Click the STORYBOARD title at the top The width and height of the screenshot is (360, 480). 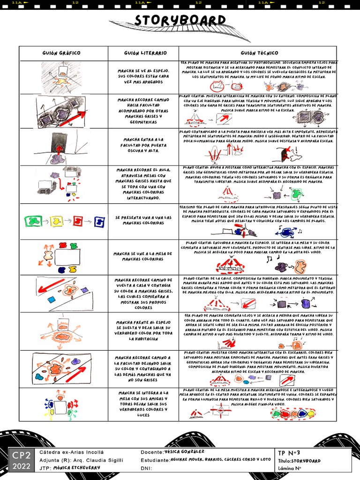[x=180, y=21]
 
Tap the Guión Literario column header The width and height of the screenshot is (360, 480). [x=143, y=53]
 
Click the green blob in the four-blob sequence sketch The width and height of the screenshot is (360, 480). [x=33, y=220]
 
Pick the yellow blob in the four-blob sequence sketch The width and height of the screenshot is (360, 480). [x=56, y=220]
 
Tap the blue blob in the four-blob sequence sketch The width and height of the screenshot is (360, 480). [x=99, y=221]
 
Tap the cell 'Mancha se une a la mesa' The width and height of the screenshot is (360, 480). [x=143, y=256]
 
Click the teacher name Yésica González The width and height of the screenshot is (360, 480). [x=185, y=451]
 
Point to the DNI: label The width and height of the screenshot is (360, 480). [x=146, y=468]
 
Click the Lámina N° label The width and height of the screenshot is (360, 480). [x=290, y=468]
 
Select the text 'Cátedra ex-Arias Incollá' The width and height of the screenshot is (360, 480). [x=71, y=452]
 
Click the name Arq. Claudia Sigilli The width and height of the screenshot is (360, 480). [x=100, y=460]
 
